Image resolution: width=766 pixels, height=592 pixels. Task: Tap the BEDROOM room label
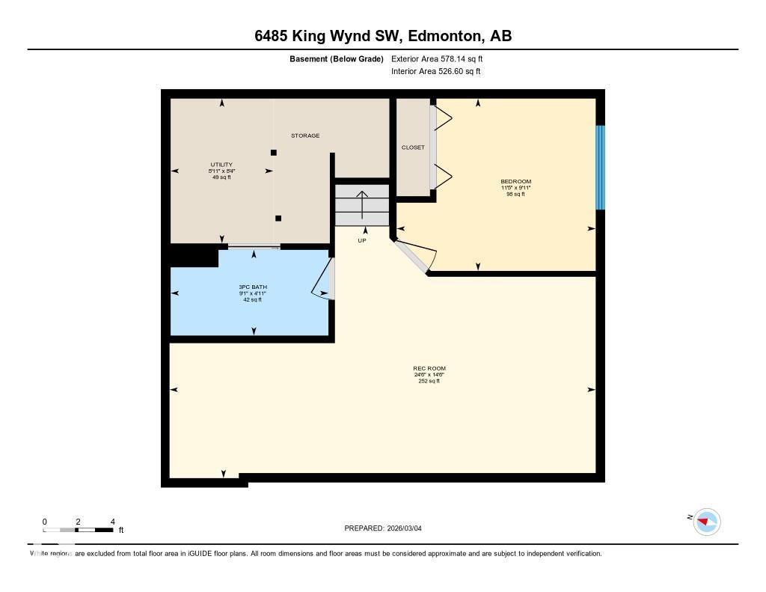click(515, 182)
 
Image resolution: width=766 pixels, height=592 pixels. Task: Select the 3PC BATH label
click(253, 287)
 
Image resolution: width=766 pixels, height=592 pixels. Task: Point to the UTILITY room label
click(221, 165)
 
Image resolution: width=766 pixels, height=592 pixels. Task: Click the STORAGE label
click(305, 135)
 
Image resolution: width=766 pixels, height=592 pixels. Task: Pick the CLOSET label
click(413, 147)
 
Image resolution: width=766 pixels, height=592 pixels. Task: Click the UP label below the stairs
click(362, 240)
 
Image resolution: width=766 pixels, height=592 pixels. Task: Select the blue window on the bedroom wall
click(600, 168)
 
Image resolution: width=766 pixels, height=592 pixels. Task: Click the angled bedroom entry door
click(412, 258)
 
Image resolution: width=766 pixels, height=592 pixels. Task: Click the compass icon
click(706, 522)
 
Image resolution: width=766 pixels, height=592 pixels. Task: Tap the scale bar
click(78, 530)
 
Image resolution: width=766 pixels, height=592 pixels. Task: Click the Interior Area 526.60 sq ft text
click(435, 72)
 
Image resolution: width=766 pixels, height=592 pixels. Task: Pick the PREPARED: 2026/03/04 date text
click(387, 528)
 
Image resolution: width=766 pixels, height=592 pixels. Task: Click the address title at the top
click(383, 36)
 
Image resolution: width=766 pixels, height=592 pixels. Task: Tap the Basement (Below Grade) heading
click(336, 58)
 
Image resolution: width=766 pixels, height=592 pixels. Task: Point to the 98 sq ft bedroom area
click(515, 194)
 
